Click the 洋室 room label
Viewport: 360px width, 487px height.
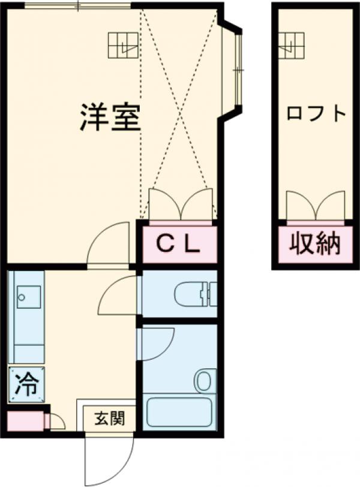pos(110,118)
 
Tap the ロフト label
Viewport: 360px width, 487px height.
pos(316,113)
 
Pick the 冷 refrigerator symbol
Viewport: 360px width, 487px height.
pos(26,384)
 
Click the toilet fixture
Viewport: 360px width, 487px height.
pos(193,294)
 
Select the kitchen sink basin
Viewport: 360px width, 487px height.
pos(28,296)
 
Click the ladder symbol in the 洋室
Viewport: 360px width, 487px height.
pos(123,44)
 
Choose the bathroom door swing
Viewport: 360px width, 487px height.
pos(156,344)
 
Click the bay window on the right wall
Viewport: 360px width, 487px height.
pos(235,68)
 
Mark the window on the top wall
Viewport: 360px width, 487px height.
pos(78,6)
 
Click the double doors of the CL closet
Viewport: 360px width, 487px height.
pos(180,204)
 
